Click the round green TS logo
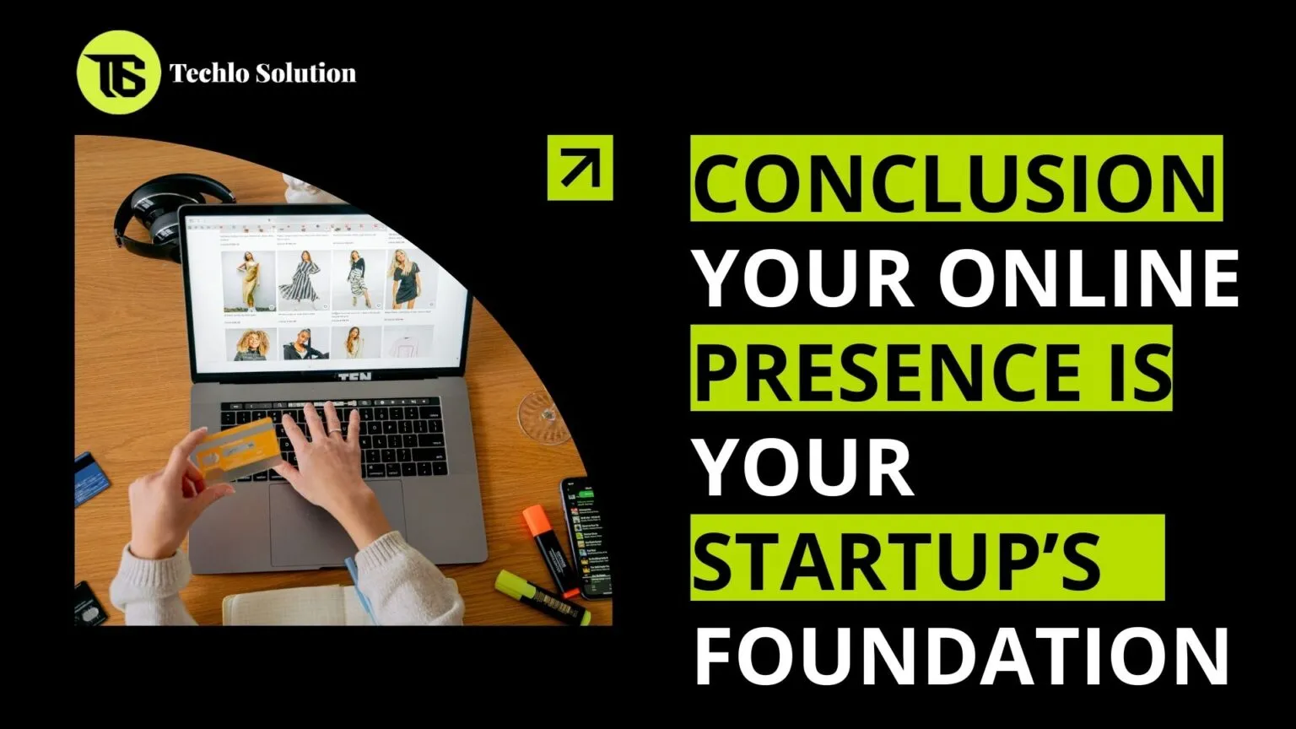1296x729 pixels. tap(118, 73)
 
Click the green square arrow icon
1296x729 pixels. tap(580, 167)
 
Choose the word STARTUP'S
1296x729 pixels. tap(897, 560)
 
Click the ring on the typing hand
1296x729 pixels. tap(334, 431)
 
